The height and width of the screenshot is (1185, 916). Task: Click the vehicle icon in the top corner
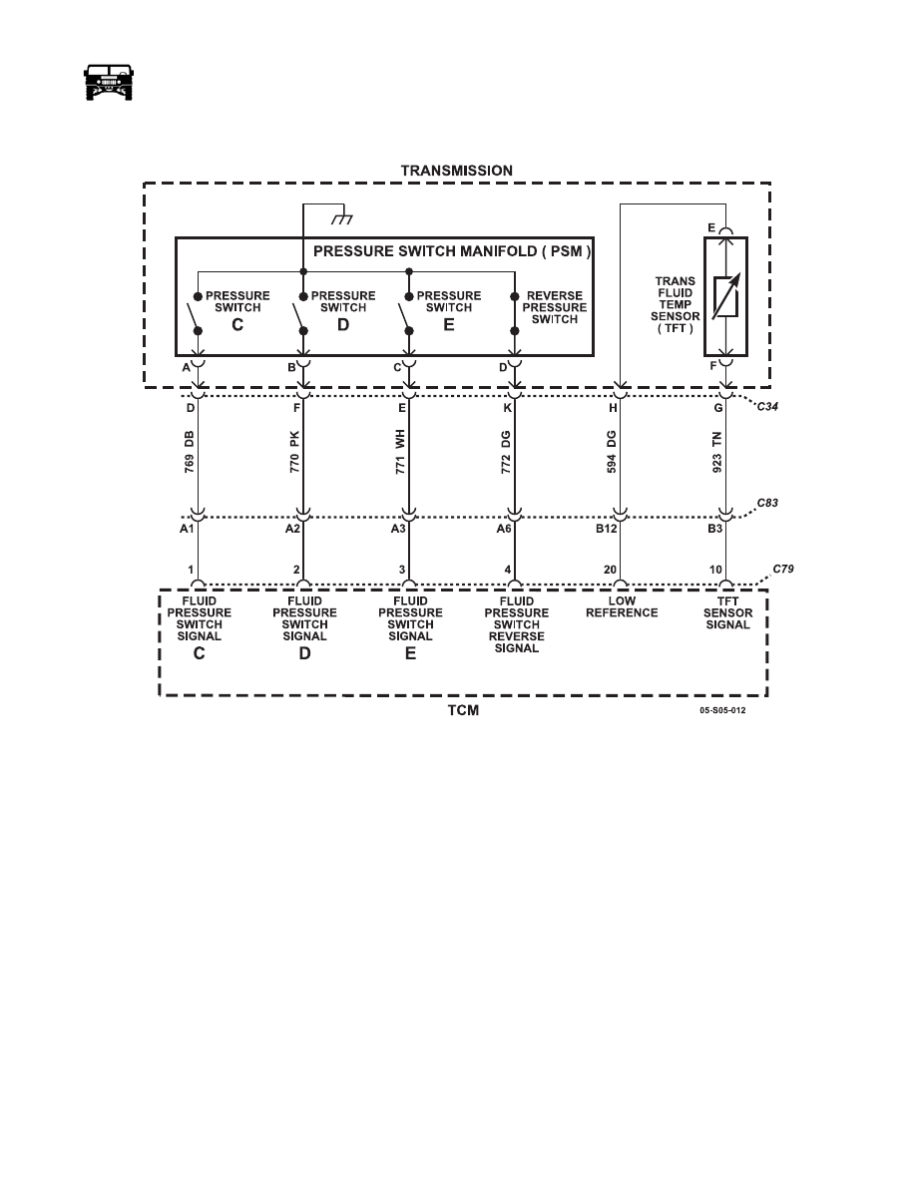pyautogui.click(x=108, y=83)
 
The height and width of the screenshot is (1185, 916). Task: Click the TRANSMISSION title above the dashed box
pyautogui.click(x=456, y=171)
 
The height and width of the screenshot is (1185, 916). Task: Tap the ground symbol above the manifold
pyautogui.click(x=342, y=219)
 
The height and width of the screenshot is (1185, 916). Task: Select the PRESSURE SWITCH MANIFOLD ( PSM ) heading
pyautogui.click(x=452, y=251)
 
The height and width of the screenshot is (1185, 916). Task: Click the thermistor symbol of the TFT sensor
pyautogui.click(x=725, y=296)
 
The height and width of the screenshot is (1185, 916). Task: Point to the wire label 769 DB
pyautogui.click(x=189, y=452)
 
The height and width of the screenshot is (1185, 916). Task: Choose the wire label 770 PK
pyautogui.click(x=294, y=452)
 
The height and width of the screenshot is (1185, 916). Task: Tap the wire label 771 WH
pyautogui.click(x=400, y=452)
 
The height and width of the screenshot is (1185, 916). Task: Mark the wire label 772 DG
pyautogui.click(x=506, y=452)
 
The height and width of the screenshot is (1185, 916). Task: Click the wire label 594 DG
pyautogui.click(x=613, y=452)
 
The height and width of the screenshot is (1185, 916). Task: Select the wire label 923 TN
pyautogui.click(x=717, y=452)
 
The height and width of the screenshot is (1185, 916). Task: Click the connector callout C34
pyautogui.click(x=767, y=407)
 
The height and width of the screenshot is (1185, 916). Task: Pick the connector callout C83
pyautogui.click(x=767, y=503)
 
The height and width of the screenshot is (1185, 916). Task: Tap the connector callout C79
pyautogui.click(x=783, y=569)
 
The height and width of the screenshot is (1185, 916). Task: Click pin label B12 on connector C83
pyautogui.click(x=606, y=529)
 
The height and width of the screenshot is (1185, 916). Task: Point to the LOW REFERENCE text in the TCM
pyautogui.click(x=622, y=606)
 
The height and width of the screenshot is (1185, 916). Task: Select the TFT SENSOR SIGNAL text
pyautogui.click(x=727, y=612)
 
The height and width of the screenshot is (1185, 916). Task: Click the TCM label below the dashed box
pyautogui.click(x=463, y=710)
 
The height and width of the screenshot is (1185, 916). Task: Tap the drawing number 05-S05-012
pyautogui.click(x=722, y=710)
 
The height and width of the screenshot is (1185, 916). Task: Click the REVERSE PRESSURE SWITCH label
pyautogui.click(x=555, y=307)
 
